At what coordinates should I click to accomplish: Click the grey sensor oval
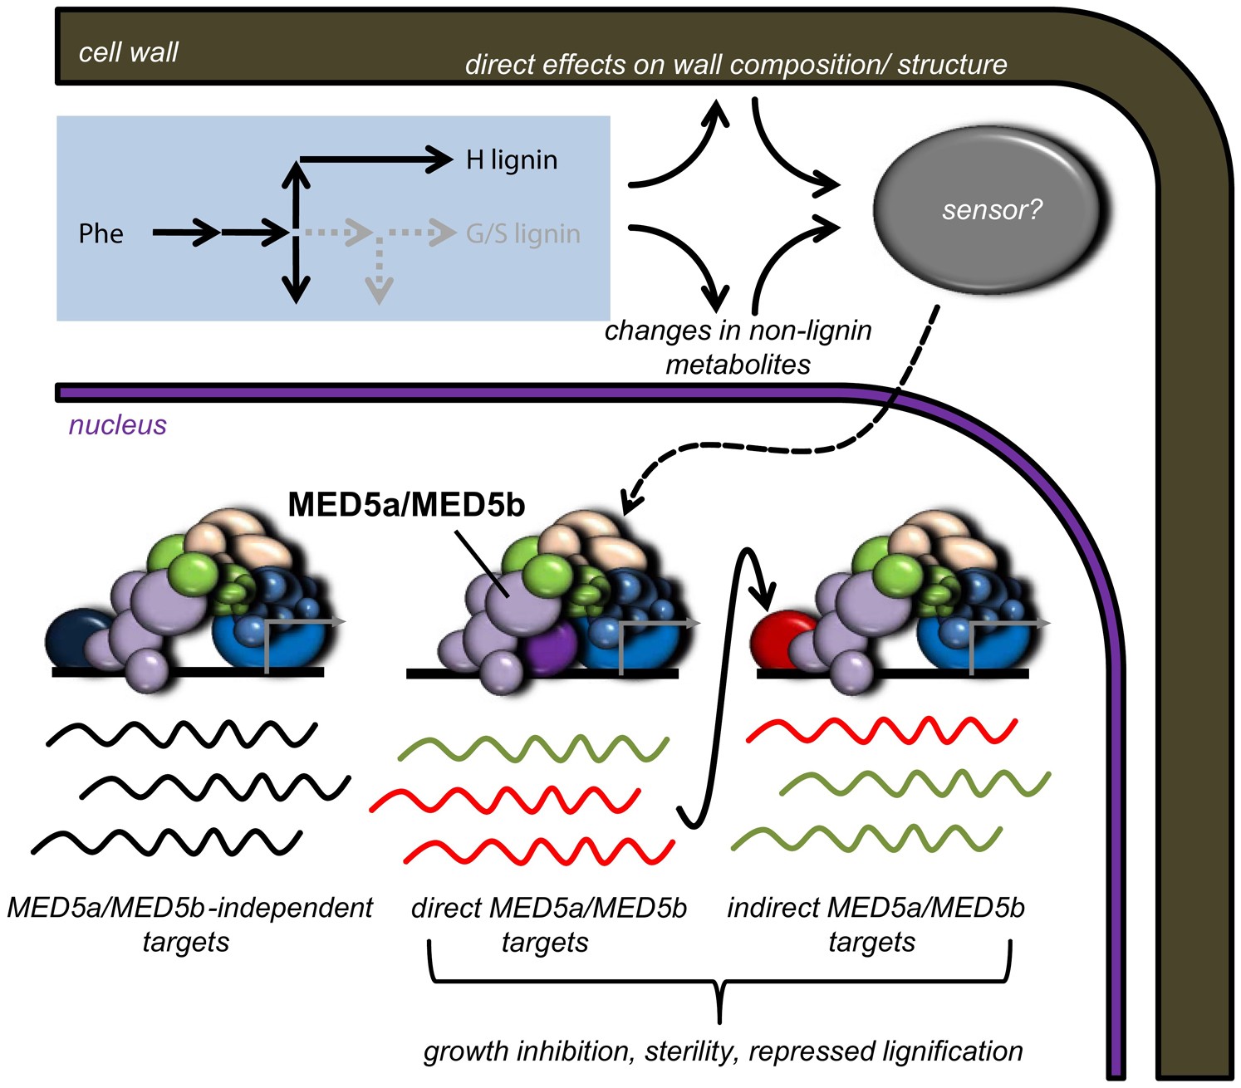(x=988, y=210)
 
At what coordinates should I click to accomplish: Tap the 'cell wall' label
(x=128, y=52)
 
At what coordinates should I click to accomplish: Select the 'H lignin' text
(x=511, y=159)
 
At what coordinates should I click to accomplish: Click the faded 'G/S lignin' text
(x=522, y=233)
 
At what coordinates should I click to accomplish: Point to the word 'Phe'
(x=101, y=233)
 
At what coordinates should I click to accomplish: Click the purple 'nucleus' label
(x=117, y=424)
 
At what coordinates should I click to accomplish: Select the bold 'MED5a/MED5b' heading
(x=406, y=505)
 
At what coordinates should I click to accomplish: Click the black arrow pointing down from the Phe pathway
(x=296, y=276)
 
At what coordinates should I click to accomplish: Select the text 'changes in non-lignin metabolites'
(x=738, y=347)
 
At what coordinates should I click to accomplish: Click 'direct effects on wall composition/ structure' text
(x=735, y=64)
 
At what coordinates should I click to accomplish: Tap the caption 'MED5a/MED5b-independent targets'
(x=189, y=924)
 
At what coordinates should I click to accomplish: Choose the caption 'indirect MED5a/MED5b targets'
(x=875, y=924)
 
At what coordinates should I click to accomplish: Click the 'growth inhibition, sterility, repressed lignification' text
(x=723, y=1051)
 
